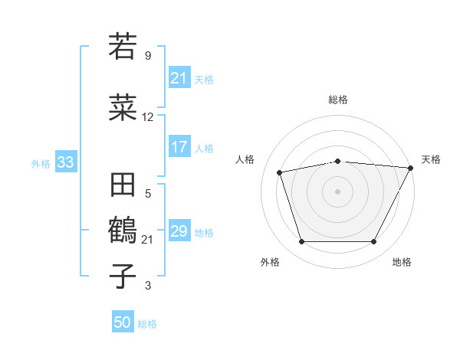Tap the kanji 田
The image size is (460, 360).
[x=123, y=186]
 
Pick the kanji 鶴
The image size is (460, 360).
[x=123, y=230]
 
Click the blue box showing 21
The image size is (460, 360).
[x=179, y=78]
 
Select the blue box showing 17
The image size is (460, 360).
[x=179, y=147]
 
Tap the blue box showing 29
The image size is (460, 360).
[x=179, y=231]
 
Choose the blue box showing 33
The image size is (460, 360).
[x=64, y=162]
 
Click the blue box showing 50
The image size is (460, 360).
[x=123, y=322]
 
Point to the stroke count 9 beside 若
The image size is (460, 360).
[x=148, y=56]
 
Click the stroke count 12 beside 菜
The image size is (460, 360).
[x=148, y=117]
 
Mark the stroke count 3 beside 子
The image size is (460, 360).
[x=148, y=286]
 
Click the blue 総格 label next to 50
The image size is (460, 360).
[x=147, y=324]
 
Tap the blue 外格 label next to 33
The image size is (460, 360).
[x=41, y=163]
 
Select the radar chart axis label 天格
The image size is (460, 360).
[x=431, y=159]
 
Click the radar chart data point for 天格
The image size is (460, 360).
[x=411, y=167]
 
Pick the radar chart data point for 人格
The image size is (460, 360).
[x=280, y=172]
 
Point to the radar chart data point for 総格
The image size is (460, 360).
[x=337, y=161]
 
